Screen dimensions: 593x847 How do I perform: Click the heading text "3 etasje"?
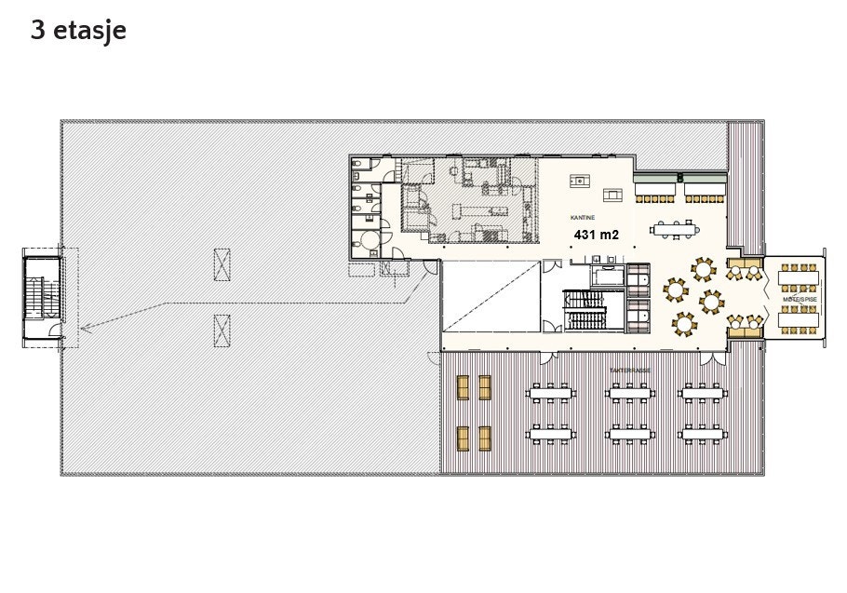(x=78, y=31)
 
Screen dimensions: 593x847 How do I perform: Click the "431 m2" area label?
(x=596, y=236)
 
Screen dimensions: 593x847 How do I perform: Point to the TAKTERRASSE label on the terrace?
(x=629, y=370)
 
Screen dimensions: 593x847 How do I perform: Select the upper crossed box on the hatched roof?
(x=222, y=264)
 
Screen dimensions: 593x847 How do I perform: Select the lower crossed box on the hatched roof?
(x=222, y=330)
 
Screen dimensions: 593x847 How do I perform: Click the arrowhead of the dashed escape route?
(x=83, y=328)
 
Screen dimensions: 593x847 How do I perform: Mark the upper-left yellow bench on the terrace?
(x=464, y=386)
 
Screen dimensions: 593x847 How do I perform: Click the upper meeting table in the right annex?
(x=798, y=277)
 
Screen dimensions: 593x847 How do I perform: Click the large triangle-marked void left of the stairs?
(x=490, y=296)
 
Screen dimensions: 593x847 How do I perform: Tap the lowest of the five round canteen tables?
(x=684, y=323)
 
